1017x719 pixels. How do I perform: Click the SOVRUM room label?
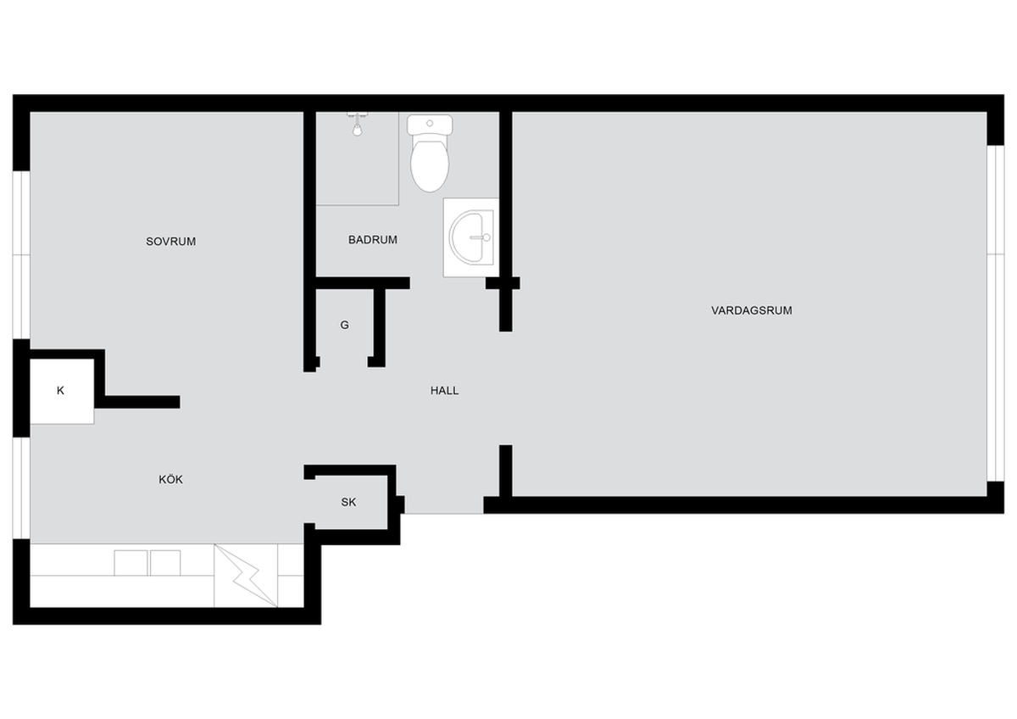(170, 242)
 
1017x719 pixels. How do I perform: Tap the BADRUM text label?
(373, 240)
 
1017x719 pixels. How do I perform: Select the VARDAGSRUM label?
(752, 310)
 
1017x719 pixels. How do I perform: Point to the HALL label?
(444, 391)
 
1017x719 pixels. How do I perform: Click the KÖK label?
(170, 479)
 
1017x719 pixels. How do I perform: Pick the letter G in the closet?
(345, 326)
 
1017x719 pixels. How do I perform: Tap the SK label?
(348, 502)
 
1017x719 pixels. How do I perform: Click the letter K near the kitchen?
(60, 391)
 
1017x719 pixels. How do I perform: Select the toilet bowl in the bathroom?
(430, 165)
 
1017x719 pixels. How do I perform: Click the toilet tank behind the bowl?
(430, 125)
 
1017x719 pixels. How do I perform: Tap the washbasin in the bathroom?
(471, 237)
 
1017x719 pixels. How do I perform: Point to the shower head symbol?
(358, 125)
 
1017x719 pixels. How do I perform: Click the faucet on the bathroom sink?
(481, 237)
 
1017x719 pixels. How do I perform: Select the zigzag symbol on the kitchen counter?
(246, 576)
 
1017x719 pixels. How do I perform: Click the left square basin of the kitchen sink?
(131, 563)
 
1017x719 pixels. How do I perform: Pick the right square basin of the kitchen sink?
(165, 563)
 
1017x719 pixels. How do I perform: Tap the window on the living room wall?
(996, 314)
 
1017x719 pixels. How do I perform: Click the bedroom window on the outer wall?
(21, 255)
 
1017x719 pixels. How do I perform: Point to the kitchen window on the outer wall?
(21, 488)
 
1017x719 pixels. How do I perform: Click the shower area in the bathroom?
(358, 159)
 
